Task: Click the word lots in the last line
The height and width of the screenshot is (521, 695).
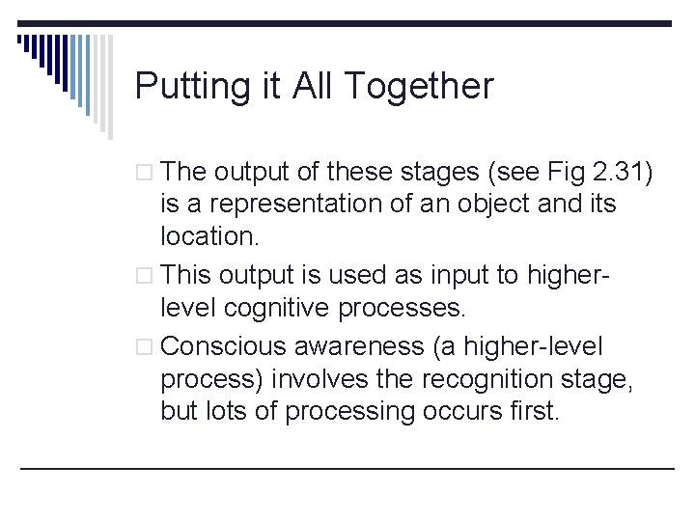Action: tap(224, 411)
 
